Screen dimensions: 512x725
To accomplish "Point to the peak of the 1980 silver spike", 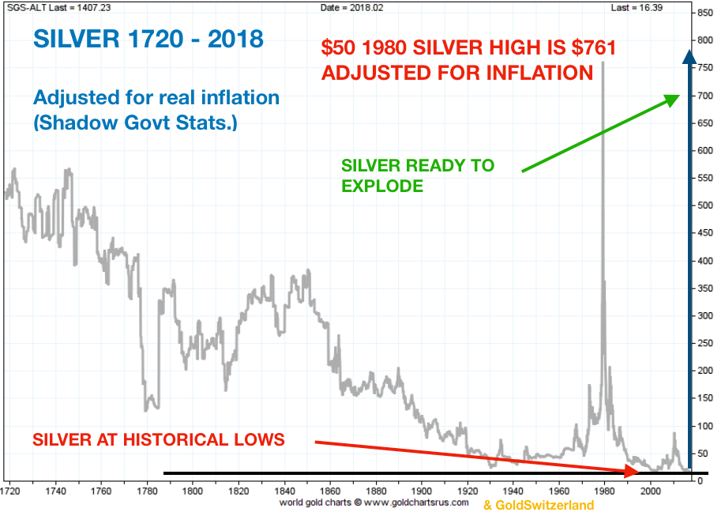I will [x=603, y=62].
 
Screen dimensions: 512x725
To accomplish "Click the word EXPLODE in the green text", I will [x=381, y=186].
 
